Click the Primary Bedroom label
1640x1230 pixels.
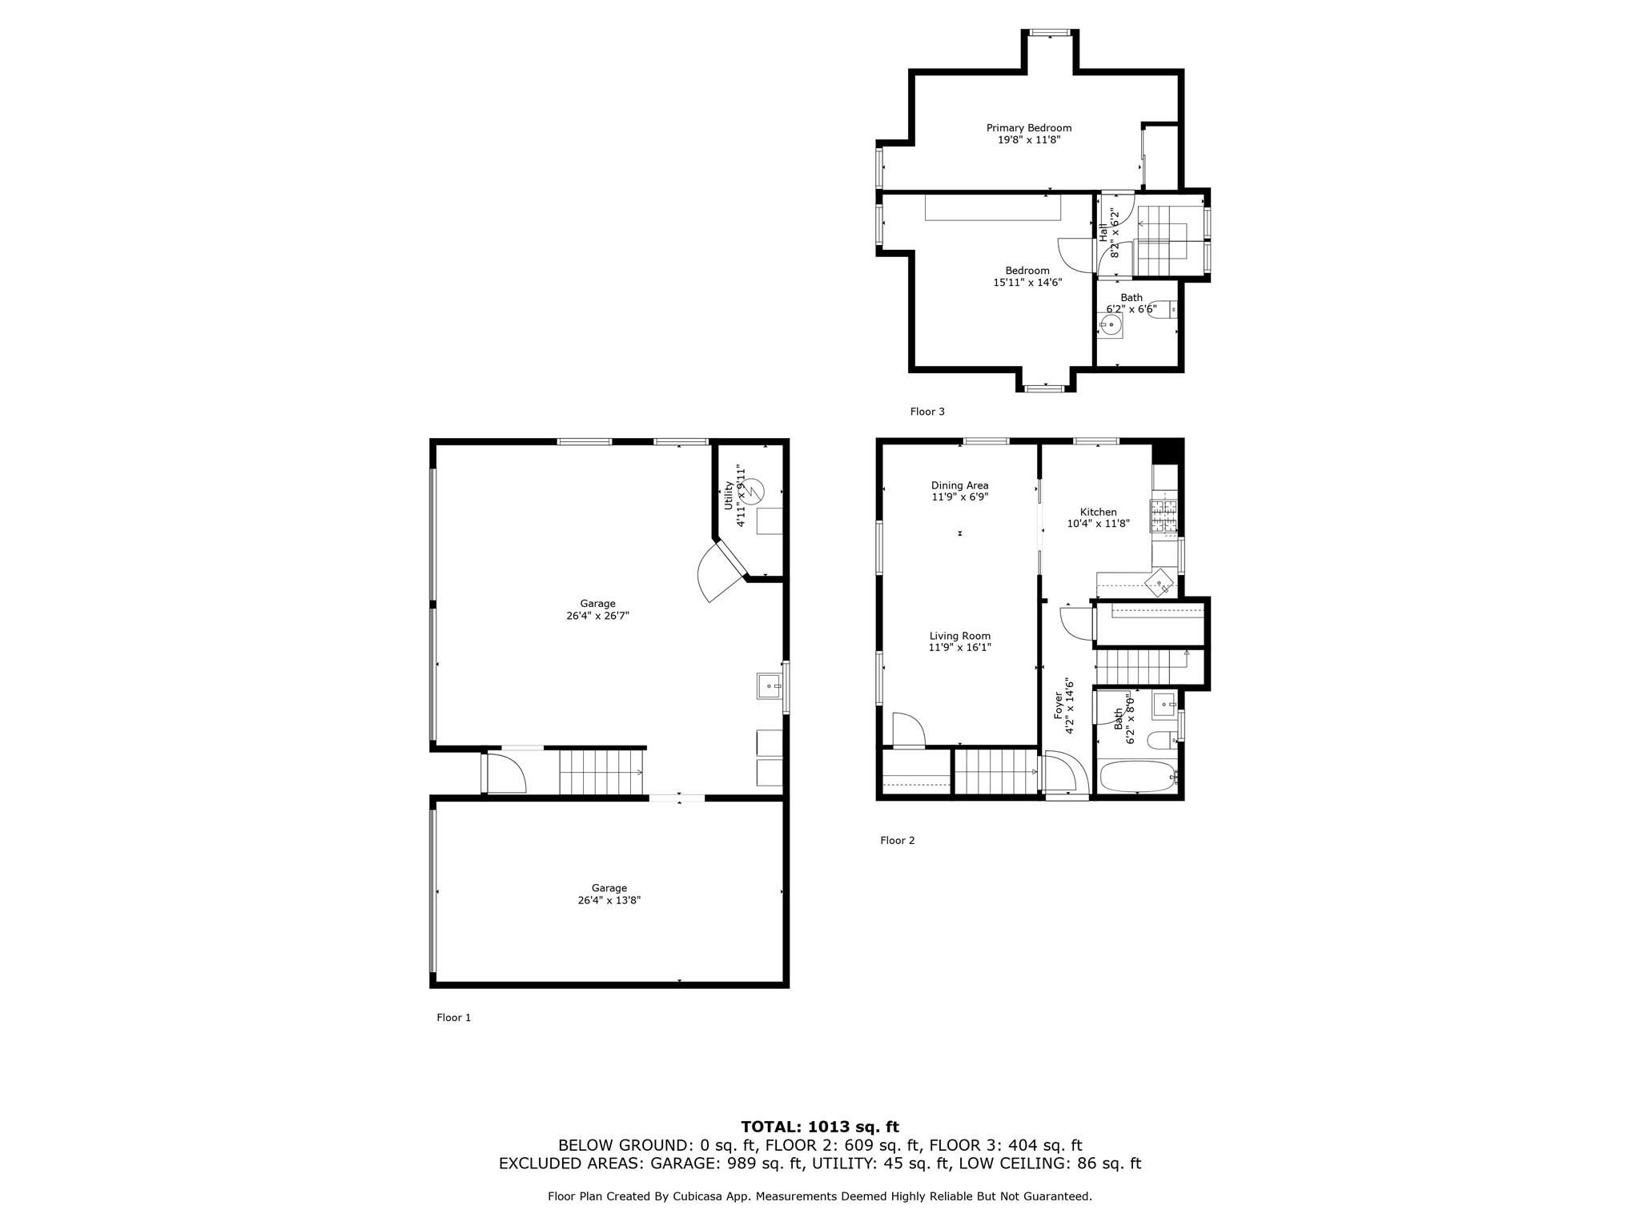point(1028,128)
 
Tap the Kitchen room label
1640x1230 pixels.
point(1098,512)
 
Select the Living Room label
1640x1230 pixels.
point(959,637)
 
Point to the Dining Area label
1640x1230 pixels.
point(959,485)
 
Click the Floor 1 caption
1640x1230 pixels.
point(453,1018)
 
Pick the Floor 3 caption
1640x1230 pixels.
point(927,412)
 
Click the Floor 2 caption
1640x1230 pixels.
point(897,840)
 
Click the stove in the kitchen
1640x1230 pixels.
point(1164,517)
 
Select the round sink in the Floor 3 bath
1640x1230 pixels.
point(1109,325)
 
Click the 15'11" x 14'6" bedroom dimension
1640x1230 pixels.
point(1027,282)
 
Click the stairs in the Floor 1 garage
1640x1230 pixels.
point(601,771)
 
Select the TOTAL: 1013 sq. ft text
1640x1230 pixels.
point(820,1127)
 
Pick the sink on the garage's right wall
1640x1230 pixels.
point(770,686)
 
